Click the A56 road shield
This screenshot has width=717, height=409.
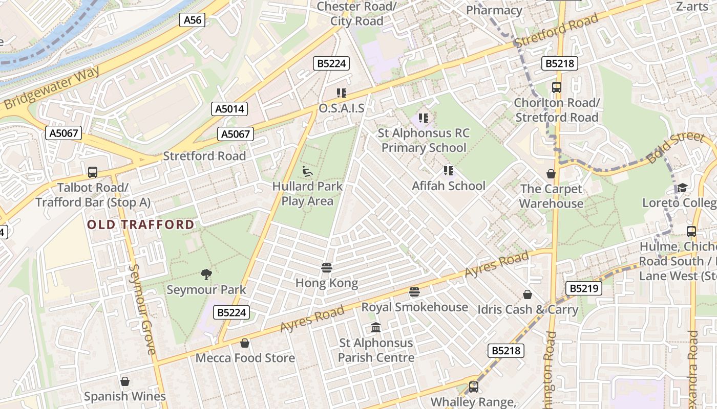pos(193,20)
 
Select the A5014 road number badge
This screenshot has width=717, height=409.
pos(229,109)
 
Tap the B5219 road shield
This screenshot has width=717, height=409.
pos(584,288)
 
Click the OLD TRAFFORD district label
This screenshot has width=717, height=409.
pos(141,224)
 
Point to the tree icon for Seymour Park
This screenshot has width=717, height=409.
pos(206,275)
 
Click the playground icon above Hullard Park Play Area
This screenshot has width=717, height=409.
pos(307,171)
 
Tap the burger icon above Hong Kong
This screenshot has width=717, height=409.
pos(326,268)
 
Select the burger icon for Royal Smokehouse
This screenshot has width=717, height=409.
pos(414,292)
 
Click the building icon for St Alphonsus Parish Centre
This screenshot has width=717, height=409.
pos(376,328)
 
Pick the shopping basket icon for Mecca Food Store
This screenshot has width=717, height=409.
pos(245,343)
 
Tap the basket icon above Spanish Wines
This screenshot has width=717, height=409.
pos(125,381)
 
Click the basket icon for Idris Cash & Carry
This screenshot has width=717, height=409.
pos(528,294)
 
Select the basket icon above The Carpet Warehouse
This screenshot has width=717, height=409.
pos(551,174)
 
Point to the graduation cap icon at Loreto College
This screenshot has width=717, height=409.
pos(682,188)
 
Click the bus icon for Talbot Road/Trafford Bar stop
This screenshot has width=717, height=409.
pos(93,172)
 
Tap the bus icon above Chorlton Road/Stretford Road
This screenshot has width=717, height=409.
pos(557,87)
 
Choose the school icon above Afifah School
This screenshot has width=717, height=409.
pos(449,171)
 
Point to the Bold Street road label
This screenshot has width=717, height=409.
pos(675,147)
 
